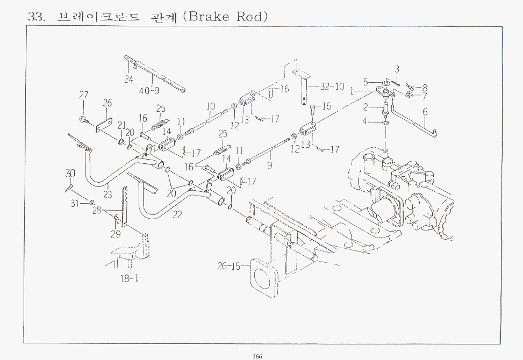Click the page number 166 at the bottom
[257, 355]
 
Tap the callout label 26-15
[229, 265]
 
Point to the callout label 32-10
[332, 87]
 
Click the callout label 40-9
[149, 91]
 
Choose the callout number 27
[84, 95]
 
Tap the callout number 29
[115, 234]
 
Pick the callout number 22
[177, 214]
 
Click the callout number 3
[397, 69]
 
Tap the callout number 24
[128, 80]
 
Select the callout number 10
[211, 106]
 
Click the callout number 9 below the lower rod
[269, 165]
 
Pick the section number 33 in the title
[35, 17]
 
